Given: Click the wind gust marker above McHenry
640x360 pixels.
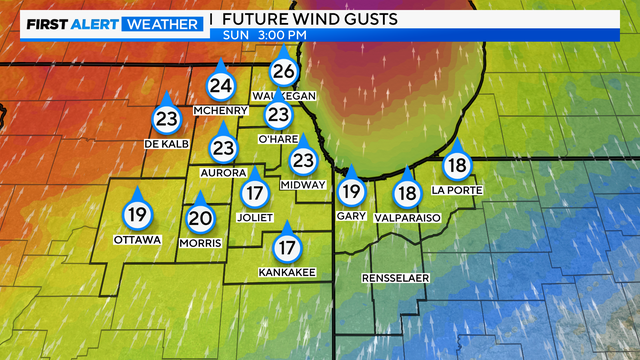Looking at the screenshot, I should (221, 86).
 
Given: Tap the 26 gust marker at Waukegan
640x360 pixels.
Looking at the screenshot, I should (285, 70).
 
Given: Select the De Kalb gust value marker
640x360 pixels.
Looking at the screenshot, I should (166, 118).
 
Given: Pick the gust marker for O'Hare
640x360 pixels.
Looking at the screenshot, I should (278, 114).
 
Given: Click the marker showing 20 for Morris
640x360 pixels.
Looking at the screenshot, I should (200, 218).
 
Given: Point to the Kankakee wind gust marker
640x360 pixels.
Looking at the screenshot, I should (287, 246).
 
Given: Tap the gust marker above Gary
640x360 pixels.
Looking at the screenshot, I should (350, 191).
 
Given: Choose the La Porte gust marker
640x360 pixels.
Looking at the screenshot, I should (458, 166).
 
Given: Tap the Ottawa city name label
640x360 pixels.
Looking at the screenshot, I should (138, 239).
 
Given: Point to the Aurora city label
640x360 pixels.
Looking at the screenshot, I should (223, 172).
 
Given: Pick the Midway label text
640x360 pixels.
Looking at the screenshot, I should (303, 185).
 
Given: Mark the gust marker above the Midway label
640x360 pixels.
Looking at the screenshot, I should (303, 159).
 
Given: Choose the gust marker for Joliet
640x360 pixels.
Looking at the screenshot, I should (255, 192).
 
